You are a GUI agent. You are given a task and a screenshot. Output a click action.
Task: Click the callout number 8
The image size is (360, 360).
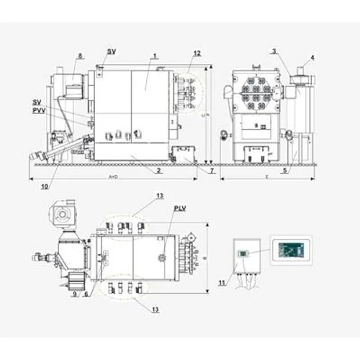[80, 55]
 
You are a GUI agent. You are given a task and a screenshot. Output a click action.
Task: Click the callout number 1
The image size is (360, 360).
[154, 55]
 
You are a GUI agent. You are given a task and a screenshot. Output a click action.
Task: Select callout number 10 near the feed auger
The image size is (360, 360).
[45, 185]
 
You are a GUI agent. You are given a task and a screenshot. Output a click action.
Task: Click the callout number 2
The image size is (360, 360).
[158, 171]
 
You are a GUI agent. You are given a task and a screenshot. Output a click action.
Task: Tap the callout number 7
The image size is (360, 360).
[211, 171]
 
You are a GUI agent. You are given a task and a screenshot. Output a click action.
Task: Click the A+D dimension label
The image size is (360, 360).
[113, 176]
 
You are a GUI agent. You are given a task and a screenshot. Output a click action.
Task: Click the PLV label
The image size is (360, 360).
[179, 210]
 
